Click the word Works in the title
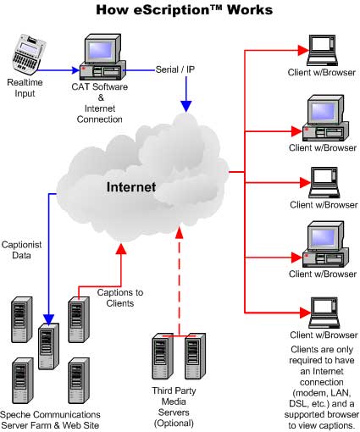[x=249, y=10]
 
